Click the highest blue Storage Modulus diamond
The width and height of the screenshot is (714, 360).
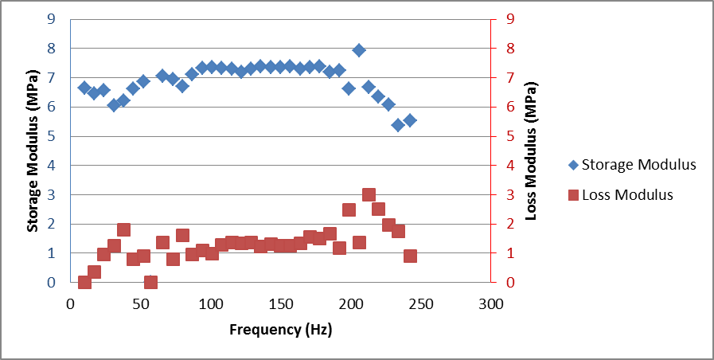coord(359,50)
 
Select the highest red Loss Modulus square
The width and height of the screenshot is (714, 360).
coord(369,194)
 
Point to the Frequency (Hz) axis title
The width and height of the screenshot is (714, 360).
coord(280,329)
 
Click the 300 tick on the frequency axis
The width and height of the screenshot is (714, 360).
coord(491,303)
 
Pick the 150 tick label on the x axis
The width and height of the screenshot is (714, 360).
coord(280,303)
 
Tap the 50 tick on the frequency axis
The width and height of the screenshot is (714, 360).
coord(140,303)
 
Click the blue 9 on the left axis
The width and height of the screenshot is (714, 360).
coord(51,19)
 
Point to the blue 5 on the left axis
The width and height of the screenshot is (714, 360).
coord(51,136)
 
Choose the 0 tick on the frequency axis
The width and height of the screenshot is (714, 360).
coord(70,303)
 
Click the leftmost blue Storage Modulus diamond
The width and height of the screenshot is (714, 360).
coord(84,88)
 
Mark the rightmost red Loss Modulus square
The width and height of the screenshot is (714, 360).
coord(410,256)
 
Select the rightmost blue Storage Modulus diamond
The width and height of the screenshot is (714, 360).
coord(410,120)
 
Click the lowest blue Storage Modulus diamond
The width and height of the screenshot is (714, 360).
coord(398,125)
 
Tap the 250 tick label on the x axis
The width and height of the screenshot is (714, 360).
coord(421,303)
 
